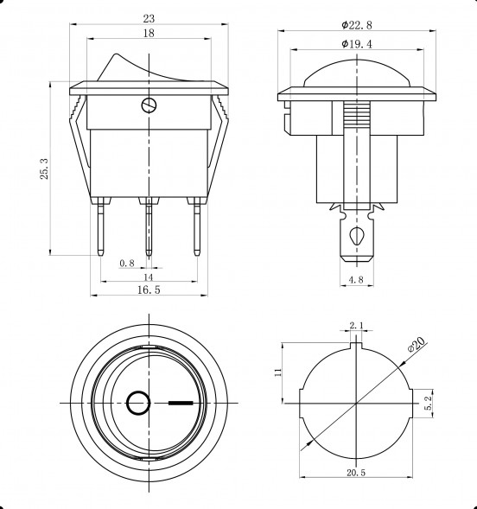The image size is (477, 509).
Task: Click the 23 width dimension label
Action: click(149, 18)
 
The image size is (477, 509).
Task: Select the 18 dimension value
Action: click(149, 33)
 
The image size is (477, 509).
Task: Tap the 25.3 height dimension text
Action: click(44, 169)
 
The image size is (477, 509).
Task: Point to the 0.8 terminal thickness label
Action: click(127, 263)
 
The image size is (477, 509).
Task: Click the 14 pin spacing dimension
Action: click(148, 277)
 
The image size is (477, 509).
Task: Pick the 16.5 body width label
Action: click(149, 289)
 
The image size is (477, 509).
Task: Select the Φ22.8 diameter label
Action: click(357, 25)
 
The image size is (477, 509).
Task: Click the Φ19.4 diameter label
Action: click(357, 44)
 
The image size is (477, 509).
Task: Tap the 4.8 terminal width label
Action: click(356, 279)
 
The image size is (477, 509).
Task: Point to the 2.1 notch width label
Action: click(357, 325)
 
